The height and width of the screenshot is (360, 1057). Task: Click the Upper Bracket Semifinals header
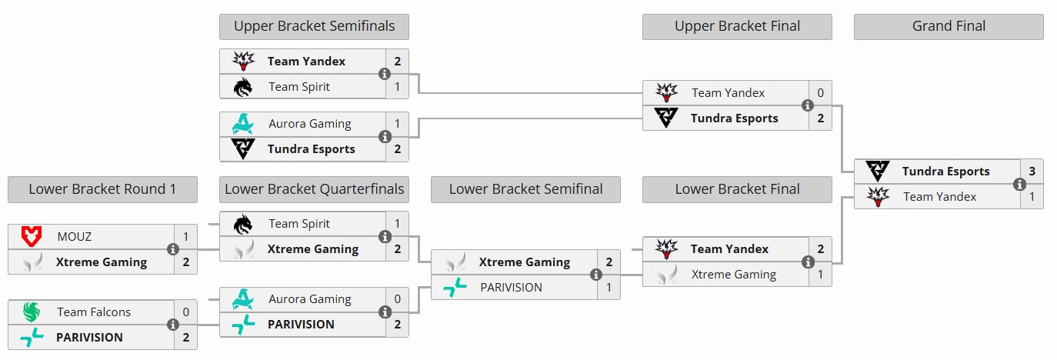[314, 26]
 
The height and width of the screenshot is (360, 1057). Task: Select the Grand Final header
[949, 26]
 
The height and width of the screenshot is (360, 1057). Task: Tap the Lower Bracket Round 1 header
[102, 189]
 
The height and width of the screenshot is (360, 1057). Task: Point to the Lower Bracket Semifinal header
[525, 189]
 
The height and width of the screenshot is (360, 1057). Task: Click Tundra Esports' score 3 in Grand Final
[1032, 172]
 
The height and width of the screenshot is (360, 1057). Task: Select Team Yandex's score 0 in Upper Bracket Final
[820, 93]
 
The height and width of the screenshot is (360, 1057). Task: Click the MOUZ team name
[74, 237]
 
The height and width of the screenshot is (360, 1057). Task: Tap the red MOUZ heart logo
[31, 237]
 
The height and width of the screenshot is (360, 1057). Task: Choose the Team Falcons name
[94, 312]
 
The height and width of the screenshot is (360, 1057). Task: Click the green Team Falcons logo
[31, 312]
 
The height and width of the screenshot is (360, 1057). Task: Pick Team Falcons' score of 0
[185, 312]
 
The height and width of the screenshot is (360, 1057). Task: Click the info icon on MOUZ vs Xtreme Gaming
[173, 249]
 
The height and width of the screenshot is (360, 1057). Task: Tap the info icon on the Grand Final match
[1019, 185]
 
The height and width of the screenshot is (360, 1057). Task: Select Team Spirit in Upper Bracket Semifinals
[299, 87]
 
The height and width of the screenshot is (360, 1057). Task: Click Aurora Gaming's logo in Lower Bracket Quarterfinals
[243, 299]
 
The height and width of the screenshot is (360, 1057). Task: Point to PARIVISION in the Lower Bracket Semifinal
[511, 288]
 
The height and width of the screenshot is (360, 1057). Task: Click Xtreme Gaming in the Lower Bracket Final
[733, 275]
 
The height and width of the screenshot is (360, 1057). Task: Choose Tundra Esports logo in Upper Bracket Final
[666, 118]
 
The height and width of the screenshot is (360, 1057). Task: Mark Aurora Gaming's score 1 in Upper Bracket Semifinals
[397, 124]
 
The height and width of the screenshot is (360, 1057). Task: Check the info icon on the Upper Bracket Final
[808, 105]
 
